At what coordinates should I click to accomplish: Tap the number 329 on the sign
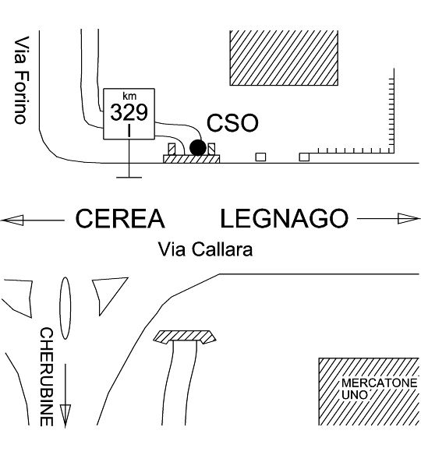pyautogui.click(x=129, y=113)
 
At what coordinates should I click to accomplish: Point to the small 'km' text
pyautogui.click(x=129, y=96)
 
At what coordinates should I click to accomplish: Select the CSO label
pyautogui.click(x=232, y=123)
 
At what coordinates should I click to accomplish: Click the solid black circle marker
pyautogui.click(x=198, y=148)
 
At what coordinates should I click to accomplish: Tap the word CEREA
pyautogui.click(x=120, y=218)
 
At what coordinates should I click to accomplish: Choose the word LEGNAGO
pyautogui.click(x=285, y=218)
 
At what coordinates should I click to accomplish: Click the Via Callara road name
pyautogui.click(x=205, y=249)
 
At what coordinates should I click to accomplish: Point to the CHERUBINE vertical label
pyautogui.click(x=47, y=377)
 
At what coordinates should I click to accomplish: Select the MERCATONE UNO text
pyautogui.click(x=379, y=389)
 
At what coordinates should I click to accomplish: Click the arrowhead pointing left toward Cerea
pyautogui.click(x=12, y=220)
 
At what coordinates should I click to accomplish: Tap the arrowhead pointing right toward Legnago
pyautogui.click(x=409, y=218)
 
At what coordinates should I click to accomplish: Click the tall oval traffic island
pyautogui.click(x=65, y=309)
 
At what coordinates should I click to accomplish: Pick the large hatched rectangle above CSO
pyautogui.click(x=284, y=58)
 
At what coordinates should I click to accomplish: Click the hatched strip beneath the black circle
pyautogui.click(x=192, y=159)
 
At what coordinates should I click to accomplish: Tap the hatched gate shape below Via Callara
pyautogui.click(x=185, y=337)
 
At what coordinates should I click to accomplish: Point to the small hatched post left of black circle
pyautogui.click(x=172, y=150)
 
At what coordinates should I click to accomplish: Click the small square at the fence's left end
pyautogui.click(x=304, y=157)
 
